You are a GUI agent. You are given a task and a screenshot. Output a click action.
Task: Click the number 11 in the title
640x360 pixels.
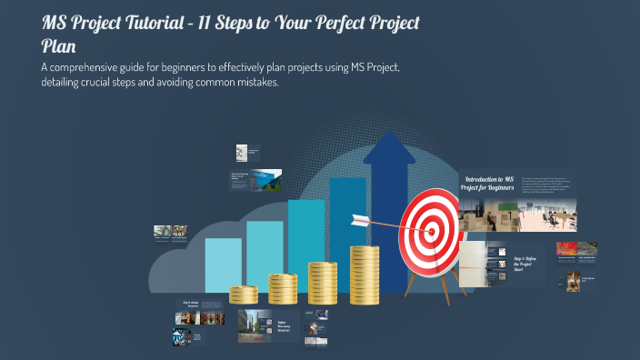tap(233, 24)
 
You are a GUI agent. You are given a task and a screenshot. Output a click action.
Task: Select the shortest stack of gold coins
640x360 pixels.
tap(244, 295)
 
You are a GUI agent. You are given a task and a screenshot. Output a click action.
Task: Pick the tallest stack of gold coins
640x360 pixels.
tap(364, 273)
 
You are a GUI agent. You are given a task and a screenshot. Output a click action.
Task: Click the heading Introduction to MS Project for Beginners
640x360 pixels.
tap(490, 185)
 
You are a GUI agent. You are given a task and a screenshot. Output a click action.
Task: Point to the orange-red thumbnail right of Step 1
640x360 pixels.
tap(566, 248)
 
